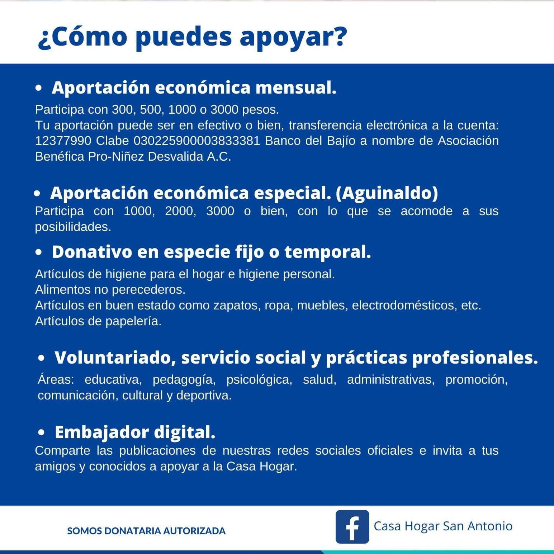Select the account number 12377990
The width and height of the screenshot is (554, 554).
(63, 141)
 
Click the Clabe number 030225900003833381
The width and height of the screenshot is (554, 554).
(196, 141)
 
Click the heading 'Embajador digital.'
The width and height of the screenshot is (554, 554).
(135, 432)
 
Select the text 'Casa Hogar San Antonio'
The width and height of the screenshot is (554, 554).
(443, 526)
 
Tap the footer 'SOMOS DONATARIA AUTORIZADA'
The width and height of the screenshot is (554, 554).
(146, 531)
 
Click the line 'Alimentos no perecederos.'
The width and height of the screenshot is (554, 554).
(110, 289)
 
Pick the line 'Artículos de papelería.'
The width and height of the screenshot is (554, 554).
(98, 321)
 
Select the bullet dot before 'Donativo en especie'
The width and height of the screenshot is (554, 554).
(39, 252)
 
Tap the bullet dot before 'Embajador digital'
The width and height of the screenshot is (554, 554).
(42, 433)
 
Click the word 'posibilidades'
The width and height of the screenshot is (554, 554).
(73, 227)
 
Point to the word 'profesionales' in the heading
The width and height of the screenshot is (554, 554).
(475, 358)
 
